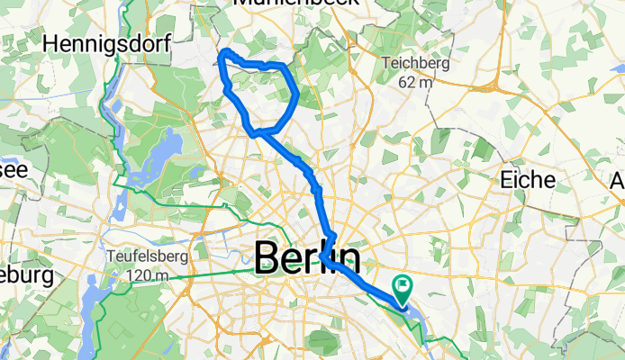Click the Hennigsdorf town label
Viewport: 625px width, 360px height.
point(94,43)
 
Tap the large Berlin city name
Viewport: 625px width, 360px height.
point(307,259)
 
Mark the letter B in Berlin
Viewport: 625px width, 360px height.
point(268,259)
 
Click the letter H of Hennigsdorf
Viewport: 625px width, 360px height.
point(50,43)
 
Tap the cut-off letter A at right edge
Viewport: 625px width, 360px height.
point(618,180)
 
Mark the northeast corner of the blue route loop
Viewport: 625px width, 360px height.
point(285,67)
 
